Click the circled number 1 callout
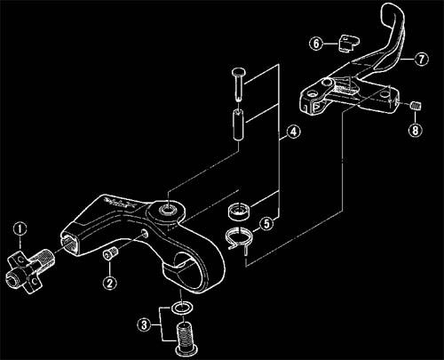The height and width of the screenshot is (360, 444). coord(20,229)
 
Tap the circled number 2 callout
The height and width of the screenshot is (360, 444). coord(109,283)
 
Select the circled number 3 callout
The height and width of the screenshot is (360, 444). coord(144,324)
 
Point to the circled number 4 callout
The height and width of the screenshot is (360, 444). coord(293,132)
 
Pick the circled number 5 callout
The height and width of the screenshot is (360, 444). coord(266,224)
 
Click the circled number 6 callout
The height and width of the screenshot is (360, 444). coord(316,44)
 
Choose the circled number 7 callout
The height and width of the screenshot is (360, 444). coord(421,60)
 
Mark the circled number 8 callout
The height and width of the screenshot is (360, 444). coord(416,130)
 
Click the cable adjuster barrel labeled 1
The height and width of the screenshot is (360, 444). coord(28,270)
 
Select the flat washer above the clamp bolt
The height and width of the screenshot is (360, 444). coord(182,308)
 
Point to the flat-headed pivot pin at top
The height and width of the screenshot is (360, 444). coord(239,84)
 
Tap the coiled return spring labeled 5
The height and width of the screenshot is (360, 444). coord(238,237)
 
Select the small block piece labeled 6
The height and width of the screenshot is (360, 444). coord(348,44)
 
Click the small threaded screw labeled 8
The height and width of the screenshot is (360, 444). coord(416,106)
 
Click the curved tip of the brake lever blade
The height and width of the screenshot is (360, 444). coord(392,11)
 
